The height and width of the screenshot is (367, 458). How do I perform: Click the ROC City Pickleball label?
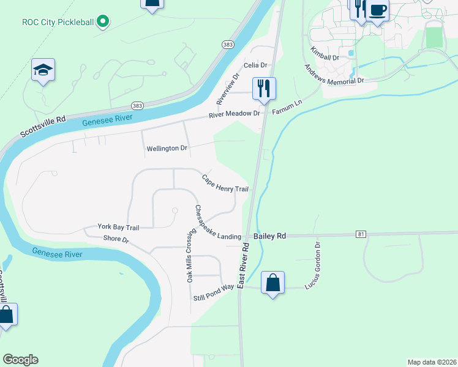(58, 23)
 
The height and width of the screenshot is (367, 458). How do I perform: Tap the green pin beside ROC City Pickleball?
(103, 23)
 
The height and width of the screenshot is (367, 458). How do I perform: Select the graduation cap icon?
(43, 71)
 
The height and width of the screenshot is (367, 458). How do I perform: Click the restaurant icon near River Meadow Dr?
(264, 89)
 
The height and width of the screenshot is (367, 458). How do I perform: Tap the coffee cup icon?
(378, 10)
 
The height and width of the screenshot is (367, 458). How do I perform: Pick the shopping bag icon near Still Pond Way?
(272, 284)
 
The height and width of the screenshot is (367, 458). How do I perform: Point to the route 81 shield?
(361, 234)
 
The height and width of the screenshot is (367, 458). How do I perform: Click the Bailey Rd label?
(269, 235)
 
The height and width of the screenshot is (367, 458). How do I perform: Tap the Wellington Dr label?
(167, 149)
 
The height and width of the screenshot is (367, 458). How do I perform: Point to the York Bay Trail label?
(118, 228)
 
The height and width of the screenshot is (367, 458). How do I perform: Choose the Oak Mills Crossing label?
(191, 255)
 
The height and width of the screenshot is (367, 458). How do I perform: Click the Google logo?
(21, 360)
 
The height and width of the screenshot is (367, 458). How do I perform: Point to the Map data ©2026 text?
(432, 362)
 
